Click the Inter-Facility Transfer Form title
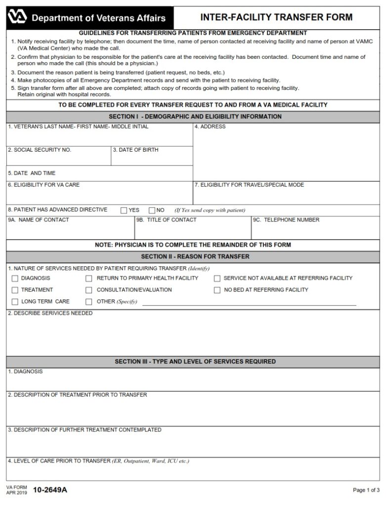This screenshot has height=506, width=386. point(276,17)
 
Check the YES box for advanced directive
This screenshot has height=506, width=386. point(124,210)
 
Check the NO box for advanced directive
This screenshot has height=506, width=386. point(152,210)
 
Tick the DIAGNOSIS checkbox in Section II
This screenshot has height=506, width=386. point(15,279)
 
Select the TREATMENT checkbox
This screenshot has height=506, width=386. point(15,291)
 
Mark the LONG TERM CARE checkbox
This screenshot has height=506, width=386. point(15,302)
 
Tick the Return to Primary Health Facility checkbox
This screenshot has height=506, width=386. point(89,279)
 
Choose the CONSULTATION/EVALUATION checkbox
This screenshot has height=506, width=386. point(89,291)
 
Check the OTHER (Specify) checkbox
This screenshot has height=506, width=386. point(89,302)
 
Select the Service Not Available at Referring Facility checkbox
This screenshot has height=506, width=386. point(217,279)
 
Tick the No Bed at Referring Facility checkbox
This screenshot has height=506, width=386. point(217,291)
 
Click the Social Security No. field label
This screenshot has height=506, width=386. point(40,150)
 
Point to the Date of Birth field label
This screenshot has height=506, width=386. point(135,150)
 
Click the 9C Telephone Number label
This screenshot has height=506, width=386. point(286,220)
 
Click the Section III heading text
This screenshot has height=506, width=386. point(195,362)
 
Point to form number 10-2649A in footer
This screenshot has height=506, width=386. point(50,490)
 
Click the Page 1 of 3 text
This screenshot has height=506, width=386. point(366,490)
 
